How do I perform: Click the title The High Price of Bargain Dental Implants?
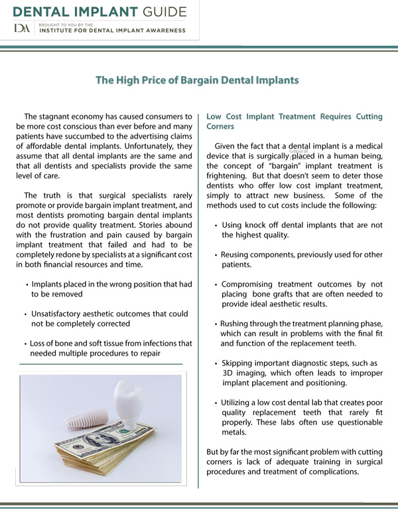point(197,80)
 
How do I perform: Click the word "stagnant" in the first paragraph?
point(74,117)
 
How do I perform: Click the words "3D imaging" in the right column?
point(245,373)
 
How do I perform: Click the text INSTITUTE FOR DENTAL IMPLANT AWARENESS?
point(113,31)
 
